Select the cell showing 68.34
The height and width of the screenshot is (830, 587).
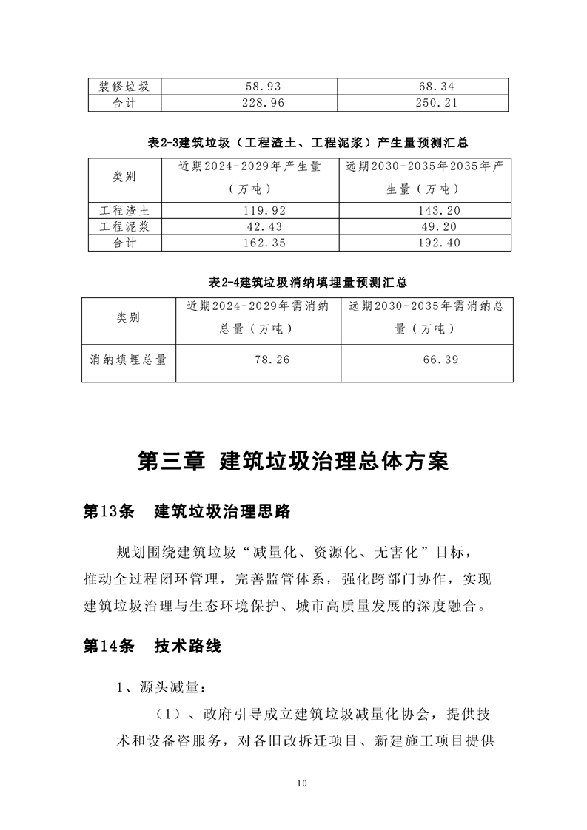(x=423, y=87)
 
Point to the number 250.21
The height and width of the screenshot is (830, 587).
(x=423, y=103)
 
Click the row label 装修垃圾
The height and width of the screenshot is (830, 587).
(x=124, y=87)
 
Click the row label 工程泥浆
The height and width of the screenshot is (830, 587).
(x=124, y=226)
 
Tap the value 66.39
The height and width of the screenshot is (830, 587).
(x=427, y=360)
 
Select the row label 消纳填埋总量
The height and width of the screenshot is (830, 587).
(x=128, y=360)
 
